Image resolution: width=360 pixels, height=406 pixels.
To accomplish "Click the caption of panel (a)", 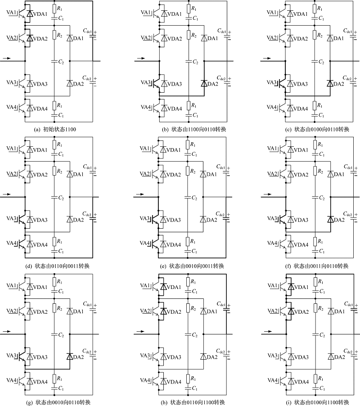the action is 55,129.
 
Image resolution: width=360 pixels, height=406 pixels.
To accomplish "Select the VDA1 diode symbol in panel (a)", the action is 30,14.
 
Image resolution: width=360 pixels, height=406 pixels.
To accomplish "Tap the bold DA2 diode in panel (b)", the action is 204,83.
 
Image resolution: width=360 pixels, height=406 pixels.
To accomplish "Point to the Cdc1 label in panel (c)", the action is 348,31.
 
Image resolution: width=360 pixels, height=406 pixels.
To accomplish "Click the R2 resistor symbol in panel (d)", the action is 54,171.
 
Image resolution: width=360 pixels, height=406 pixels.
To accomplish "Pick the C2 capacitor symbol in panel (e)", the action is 188,197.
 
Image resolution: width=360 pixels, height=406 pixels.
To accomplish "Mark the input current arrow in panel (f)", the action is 268,194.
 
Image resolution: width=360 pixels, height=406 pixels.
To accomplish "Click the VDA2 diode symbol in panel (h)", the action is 163,311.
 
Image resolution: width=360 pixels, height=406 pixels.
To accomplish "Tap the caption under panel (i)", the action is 317,402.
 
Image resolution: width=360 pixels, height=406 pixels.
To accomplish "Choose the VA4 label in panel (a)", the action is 11,107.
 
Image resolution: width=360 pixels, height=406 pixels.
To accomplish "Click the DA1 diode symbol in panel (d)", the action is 70,174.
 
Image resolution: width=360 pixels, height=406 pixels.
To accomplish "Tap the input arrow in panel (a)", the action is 7,58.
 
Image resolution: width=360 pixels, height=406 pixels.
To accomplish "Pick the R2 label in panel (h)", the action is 193,308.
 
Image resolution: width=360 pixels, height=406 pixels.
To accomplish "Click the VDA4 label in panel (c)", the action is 301,109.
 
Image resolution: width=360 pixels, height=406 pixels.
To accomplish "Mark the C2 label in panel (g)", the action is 61,335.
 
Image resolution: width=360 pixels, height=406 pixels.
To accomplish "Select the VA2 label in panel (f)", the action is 272,173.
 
